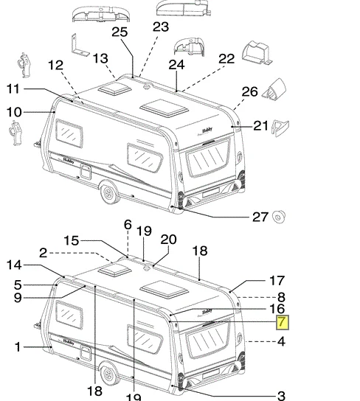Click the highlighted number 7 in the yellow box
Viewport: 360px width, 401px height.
tap(283, 322)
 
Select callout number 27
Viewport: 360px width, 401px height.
tap(260, 217)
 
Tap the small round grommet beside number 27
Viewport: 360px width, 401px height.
tap(278, 217)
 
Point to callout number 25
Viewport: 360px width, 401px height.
tap(120, 32)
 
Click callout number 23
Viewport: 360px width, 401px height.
tap(161, 27)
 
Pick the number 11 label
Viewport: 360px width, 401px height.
tap(13, 89)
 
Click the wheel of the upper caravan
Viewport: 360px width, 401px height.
tap(109, 193)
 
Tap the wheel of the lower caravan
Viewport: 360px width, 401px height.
tap(109, 374)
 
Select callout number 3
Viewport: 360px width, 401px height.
tap(281, 395)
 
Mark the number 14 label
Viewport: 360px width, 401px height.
tap(14, 265)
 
